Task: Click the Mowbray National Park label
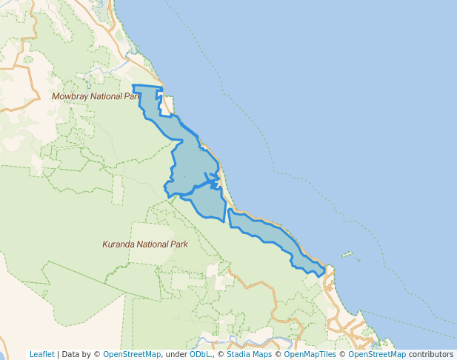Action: click(x=95, y=96)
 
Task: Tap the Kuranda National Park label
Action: click(x=145, y=244)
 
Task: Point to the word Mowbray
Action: click(x=69, y=96)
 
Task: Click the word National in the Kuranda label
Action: click(x=154, y=244)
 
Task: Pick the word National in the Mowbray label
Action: click(x=107, y=96)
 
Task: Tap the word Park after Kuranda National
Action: click(x=179, y=244)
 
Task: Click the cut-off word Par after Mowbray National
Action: click(x=133, y=96)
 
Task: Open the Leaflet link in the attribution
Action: click(x=42, y=354)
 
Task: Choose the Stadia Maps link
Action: click(x=249, y=354)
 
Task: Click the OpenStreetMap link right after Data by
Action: click(x=132, y=354)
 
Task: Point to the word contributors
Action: click(x=431, y=354)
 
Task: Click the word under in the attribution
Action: click(x=176, y=354)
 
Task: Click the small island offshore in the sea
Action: click(x=347, y=255)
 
